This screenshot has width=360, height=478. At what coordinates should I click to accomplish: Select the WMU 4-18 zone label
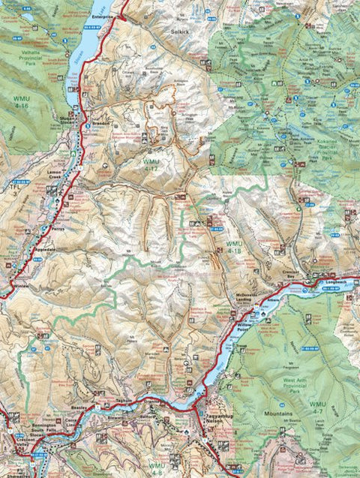coord(235,248)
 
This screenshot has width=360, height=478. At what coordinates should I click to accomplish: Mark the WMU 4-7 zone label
coord(317,407)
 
